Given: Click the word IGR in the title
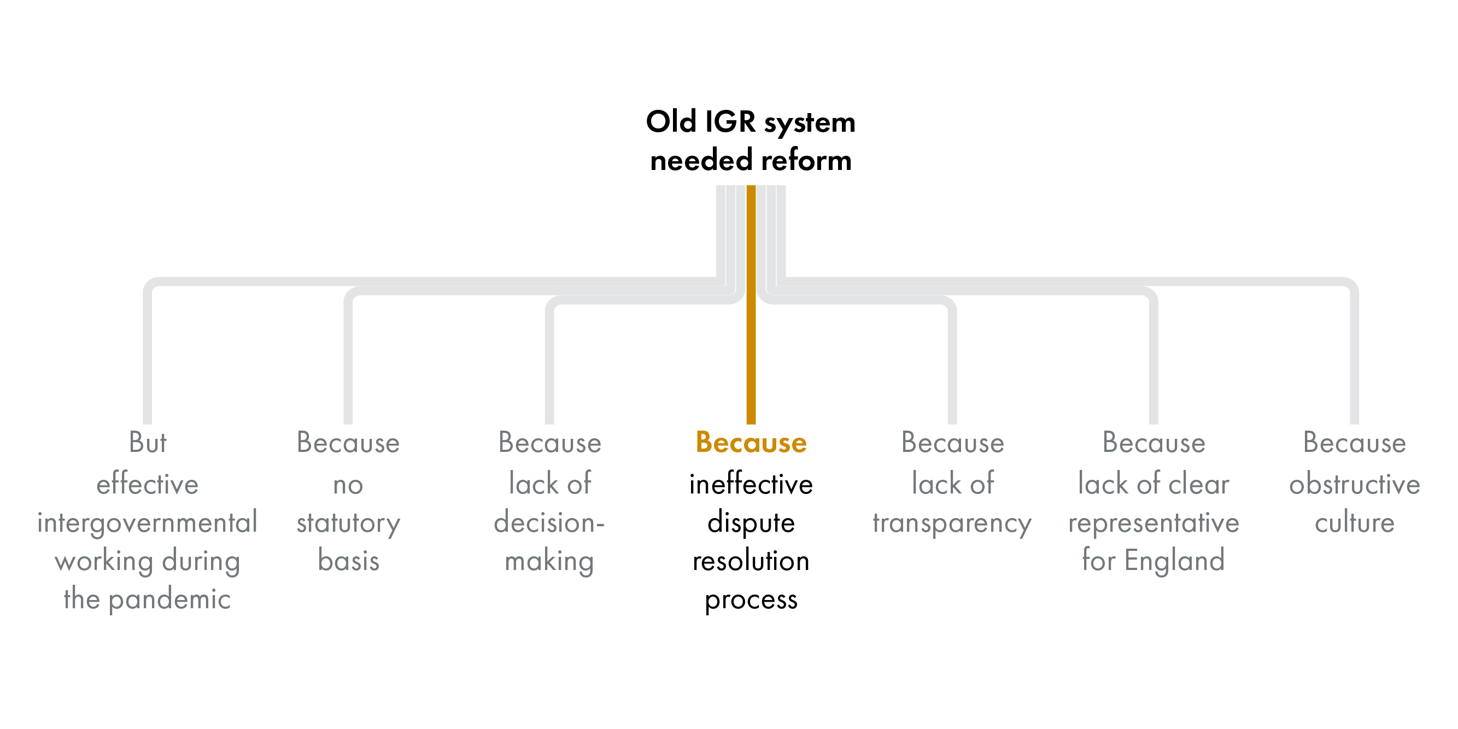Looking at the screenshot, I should tap(730, 122).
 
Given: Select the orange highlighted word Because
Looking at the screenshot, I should tap(751, 443).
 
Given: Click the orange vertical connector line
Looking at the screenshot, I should tap(751, 339).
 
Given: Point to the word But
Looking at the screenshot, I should tap(148, 443).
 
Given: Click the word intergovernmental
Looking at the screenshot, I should tap(147, 522).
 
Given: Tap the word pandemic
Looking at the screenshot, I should tap(169, 599).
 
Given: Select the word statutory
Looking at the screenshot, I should tap(349, 522).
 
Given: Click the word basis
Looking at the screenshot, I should tap(349, 561).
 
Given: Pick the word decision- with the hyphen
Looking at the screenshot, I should tap(549, 522).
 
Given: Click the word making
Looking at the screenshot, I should tap(549, 561).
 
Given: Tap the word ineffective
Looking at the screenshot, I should tap(751, 485).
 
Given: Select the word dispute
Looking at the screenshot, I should tap(751, 522).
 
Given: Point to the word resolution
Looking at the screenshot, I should tap(751, 561).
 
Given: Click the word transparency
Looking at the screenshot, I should tap(952, 522).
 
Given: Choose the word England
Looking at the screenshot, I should tap(1174, 561).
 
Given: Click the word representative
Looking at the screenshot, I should tap(1153, 522).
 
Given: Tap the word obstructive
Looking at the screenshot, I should tap(1355, 485).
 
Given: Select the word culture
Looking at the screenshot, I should tap(1355, 522).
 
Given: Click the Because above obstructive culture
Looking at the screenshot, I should tap(1355, 443).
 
